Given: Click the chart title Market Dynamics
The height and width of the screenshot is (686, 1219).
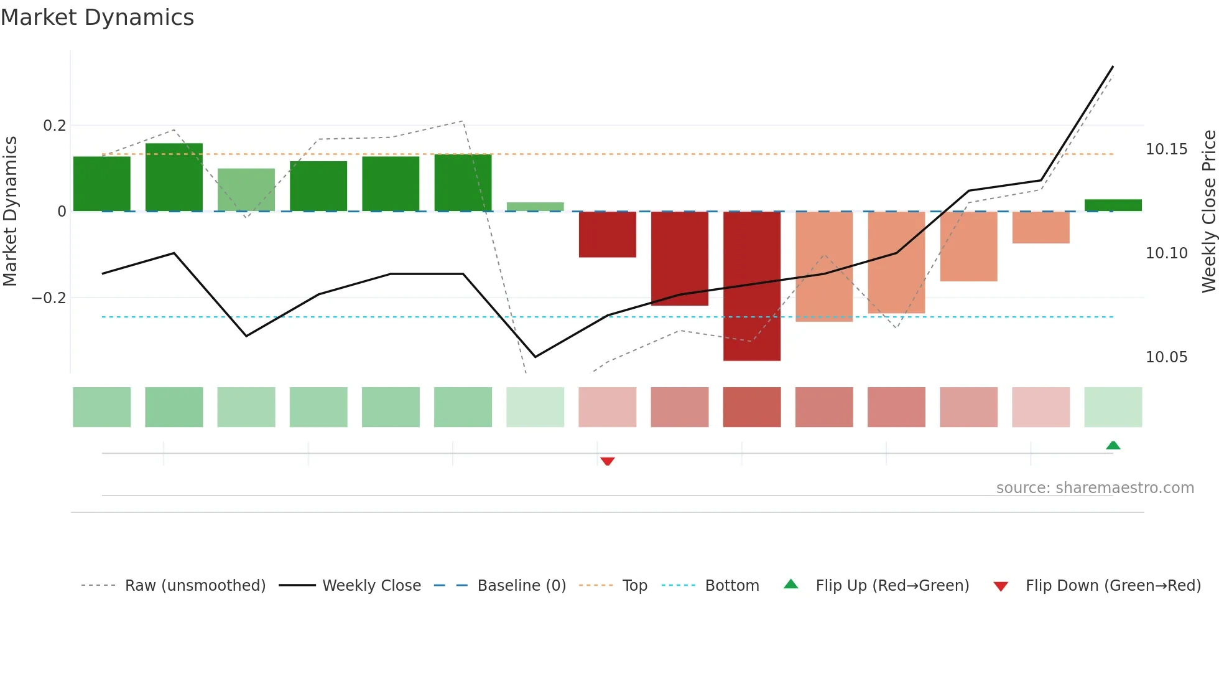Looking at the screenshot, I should pyautogui.click(x=97, y=17).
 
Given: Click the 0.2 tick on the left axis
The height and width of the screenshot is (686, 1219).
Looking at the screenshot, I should pyautogui.click(x=55, y=126).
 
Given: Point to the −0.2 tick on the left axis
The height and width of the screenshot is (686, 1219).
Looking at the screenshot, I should pyautogui.click(x=49, y=298).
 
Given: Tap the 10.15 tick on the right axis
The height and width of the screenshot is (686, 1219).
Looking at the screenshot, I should pyautogui.click(x=1166, y=149).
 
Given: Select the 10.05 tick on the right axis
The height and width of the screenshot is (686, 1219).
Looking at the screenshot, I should pyautogui.click(x=1166, y=357).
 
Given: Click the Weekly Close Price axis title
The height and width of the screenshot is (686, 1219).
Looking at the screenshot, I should pyautogui.click(x=1208, y=211).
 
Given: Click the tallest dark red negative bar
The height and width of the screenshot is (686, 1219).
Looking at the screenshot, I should pyautogui.click(x=751, y=286).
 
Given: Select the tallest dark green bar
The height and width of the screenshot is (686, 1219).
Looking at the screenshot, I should pyautogui.click(x=174, y=177).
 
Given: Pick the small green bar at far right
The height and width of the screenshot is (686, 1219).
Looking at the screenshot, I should pyautogui.click(x=1113, y=205).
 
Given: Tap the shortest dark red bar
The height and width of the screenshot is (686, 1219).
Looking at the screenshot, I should pyautogui.click(x=607, y=234).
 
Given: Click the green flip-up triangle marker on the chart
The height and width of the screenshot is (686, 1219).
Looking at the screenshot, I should pyautogui.click(x=1113, y=445).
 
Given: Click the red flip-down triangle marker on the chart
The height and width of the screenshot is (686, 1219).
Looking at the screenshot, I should pyautogui.click(x=608, y=461).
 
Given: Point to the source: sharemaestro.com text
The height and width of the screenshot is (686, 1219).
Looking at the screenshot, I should pyautogui.click(x=1095, y=488).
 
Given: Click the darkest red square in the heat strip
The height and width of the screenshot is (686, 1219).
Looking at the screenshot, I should pyautogui.click(x=751, y=407).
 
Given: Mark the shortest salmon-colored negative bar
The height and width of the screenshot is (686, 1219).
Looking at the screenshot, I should pyautogui.click(x=1041, y=227).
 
